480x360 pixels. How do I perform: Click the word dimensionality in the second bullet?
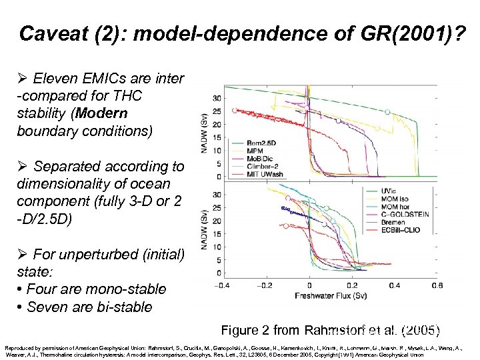(x=61, y=183)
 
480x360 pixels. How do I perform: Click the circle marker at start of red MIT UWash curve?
(x=234, y=110)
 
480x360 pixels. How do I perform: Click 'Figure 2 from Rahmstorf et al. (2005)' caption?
(x=330, y=330)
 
